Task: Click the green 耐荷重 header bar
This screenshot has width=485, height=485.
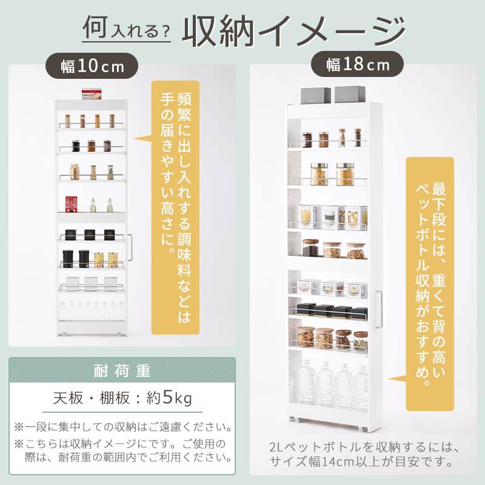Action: [x=122, y=370]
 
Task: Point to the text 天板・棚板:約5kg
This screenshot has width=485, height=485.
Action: [x=122, y=398]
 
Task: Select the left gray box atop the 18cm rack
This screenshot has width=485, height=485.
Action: [x=316, y=95]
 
